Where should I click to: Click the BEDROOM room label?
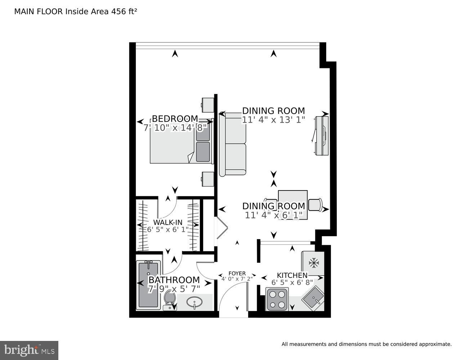click(175, 118)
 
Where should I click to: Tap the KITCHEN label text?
click(292, 275)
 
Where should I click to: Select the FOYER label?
click(237, 273)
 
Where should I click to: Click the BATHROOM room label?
click(174, 280)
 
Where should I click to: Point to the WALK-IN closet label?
click(167, 222)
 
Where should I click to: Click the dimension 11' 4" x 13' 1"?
click(273, 120)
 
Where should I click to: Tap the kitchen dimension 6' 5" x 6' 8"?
click(292, 282)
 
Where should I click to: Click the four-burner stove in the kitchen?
click(277, 299)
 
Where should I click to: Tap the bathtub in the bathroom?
click(148, 285)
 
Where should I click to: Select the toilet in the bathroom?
click(169, 300)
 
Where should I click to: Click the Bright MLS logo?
click(29, 350)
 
